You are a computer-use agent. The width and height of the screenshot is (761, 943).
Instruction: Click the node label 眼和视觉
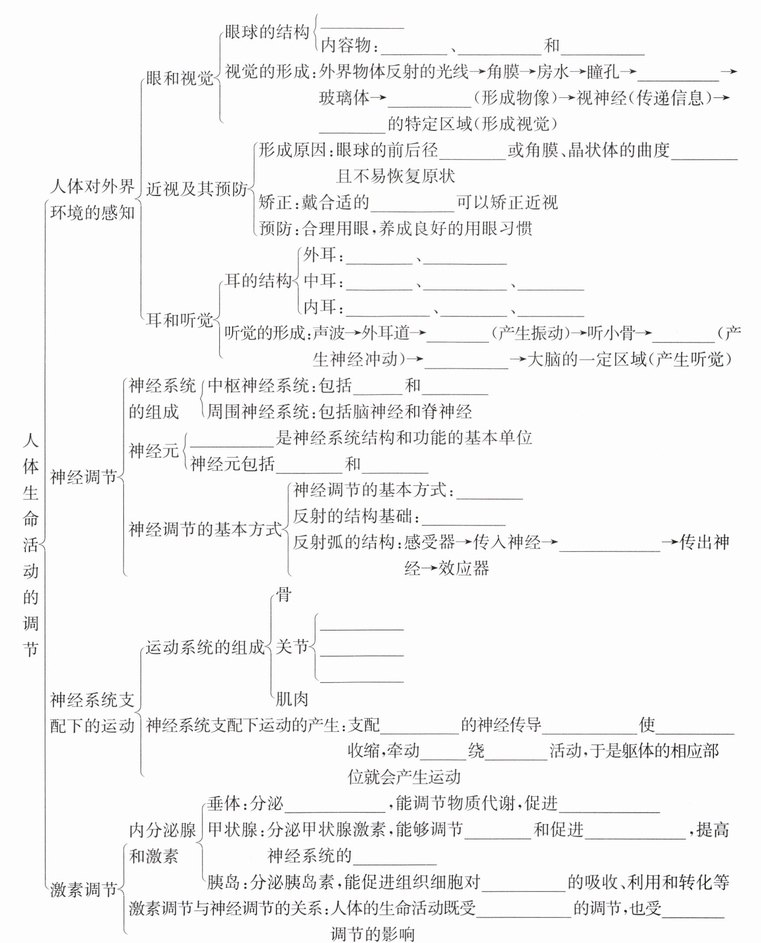pyautogui.click(x=179, y=79)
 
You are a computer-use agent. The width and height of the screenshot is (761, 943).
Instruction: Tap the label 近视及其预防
pyautogui.click(x=196, y=189)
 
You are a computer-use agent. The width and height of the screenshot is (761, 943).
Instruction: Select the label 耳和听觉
pyautogui.click(x=179, y=321)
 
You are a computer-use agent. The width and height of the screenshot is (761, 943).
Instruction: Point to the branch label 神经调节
pyautogui.click(x=83, y=477)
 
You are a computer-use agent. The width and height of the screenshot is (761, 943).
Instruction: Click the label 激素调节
pyautogui.click(x=83, y=890)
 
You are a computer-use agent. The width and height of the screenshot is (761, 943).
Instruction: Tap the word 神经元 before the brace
pyautogui.click(x=154, y=451)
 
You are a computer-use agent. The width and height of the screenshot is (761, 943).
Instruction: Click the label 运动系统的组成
pyautogui.click(x=205, y=647)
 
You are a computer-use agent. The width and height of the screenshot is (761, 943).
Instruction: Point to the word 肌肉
pyautogui.click(x=292, y=699)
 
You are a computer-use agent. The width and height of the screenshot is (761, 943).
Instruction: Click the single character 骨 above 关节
pyautogui.click(x=283, y=595)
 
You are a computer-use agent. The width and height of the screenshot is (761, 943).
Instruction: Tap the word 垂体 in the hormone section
pyautogui.click(x=223, y=803)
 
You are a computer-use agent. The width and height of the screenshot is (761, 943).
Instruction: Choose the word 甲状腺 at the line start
pyautogui.click(x=232, y=830)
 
